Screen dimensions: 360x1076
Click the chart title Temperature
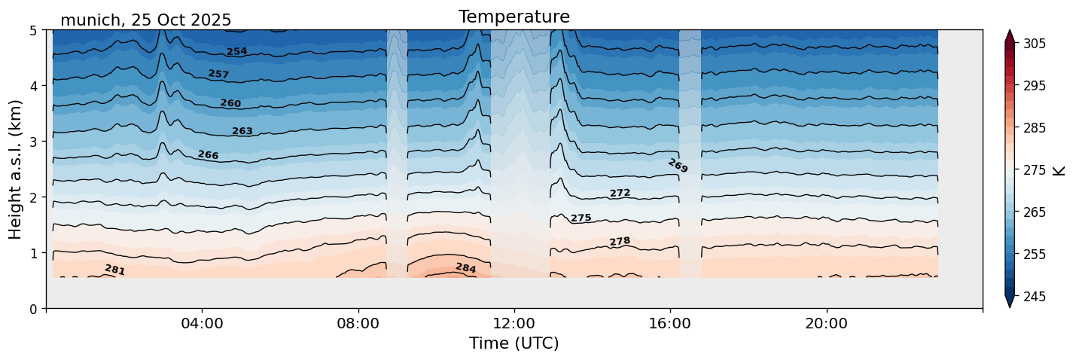click(x=514, y=17)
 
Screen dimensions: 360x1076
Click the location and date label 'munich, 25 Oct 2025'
click(x=145, y=20)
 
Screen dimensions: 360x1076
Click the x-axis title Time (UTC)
click(x=514, y=343)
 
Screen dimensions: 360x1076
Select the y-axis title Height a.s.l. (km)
click(x=16, y=169)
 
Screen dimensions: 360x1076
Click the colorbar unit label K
click(x=1060, y=170)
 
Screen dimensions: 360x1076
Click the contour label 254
click(x=237, y=52)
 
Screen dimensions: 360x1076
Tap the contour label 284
click(x=465, y=267)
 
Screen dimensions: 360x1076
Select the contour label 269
click(x=678, y=166)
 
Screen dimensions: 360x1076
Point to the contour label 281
click(x=114, y=270)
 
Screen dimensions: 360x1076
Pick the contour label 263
click(x=242, y=131)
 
